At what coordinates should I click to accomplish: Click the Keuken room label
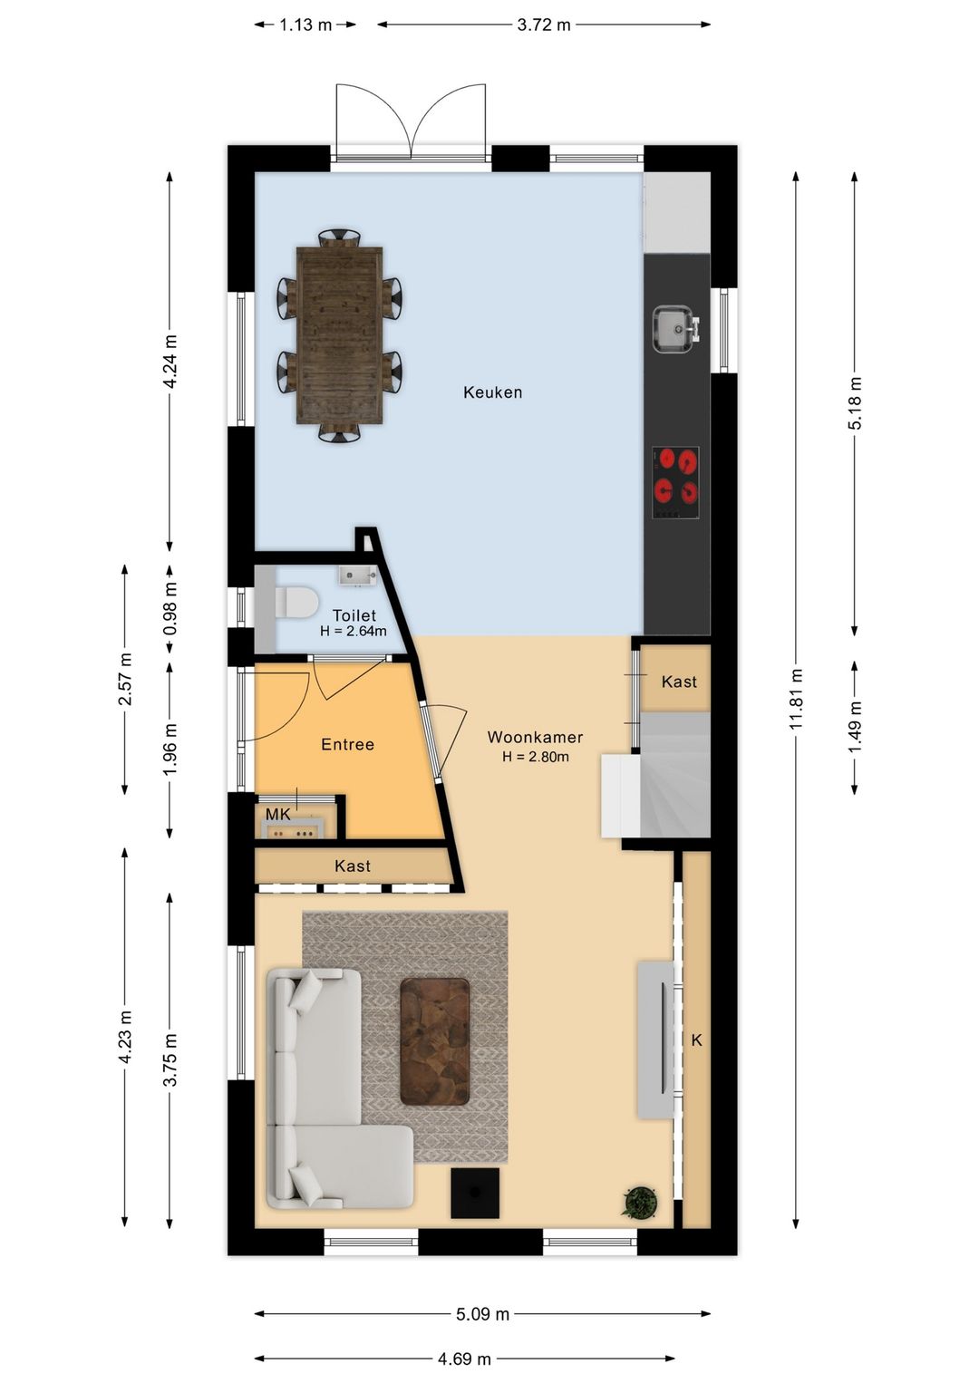[x=492, y=392]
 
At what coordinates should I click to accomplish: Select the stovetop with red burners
[x=675, y=483]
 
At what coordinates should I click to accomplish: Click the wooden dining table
[x=339, y=335]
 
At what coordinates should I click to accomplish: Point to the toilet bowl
[x=296, y=602]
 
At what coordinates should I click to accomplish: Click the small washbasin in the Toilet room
[x=358, y=575]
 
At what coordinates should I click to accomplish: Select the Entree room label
[x=348, y=745]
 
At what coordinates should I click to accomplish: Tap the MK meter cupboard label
[x=278, y=815]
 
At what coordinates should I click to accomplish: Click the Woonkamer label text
[x=535, y=737]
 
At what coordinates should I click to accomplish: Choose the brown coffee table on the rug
[x=435, y=1041]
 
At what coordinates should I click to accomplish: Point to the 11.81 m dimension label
[x=796, y=698]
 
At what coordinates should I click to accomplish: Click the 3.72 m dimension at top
[x=544, y=24]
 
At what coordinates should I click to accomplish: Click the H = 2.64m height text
[x=354, y=631]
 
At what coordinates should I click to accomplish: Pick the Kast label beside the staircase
[x=679, y=682]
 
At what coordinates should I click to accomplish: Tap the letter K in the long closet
[x=697, y=1040]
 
